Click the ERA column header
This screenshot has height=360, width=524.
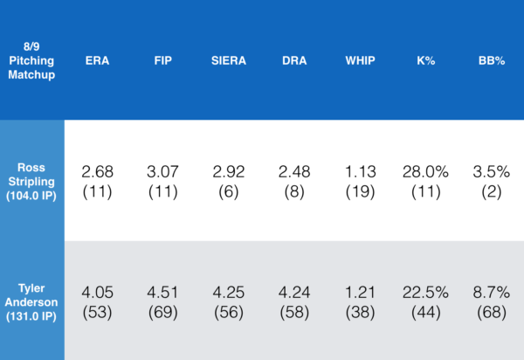click(97, 62)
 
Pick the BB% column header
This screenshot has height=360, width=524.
click(489, 62)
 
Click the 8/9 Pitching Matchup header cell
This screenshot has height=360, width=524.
click(31, 62)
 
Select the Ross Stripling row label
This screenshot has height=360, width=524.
click(31, 181)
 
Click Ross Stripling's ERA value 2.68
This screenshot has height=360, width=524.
click(97, 171)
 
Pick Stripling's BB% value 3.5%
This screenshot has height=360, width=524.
click(489, 171)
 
